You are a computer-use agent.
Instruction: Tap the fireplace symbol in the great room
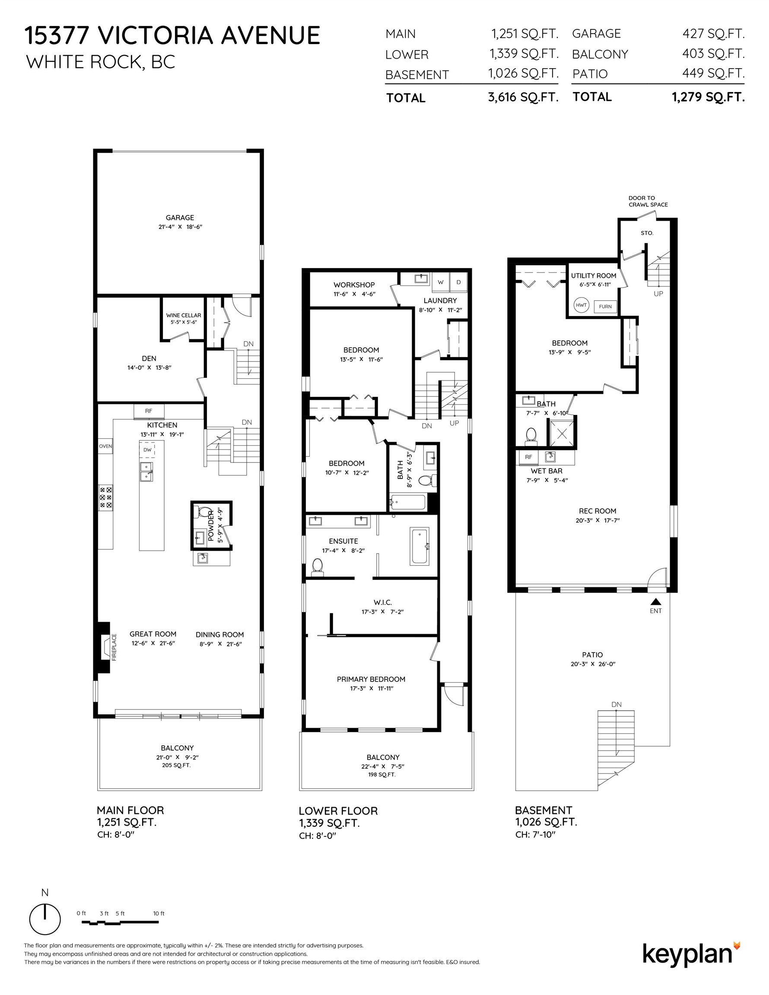(x=105, y=646)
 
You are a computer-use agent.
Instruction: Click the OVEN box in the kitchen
(x=105, y=446)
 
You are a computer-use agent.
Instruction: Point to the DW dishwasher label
(x=147, y=450)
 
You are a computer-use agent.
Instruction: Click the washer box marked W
(x=441, y=282)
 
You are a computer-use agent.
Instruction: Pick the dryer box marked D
(x=458, y=282)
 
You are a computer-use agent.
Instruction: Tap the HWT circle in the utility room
(x=582, y=305)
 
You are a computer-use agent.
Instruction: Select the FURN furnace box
(x=605, y=307)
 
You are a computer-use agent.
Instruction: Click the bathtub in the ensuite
(x=420, y=546)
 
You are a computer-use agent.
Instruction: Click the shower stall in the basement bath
(x=562, y=432)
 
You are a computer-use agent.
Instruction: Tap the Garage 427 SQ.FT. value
(x=713, y=33)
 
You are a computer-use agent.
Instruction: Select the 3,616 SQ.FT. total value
(x=523, y=97)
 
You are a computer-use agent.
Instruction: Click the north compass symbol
(x=44, y=919)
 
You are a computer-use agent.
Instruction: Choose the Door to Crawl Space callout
(x=648, y=201)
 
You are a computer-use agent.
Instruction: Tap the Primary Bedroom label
(x=371, y=679)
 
